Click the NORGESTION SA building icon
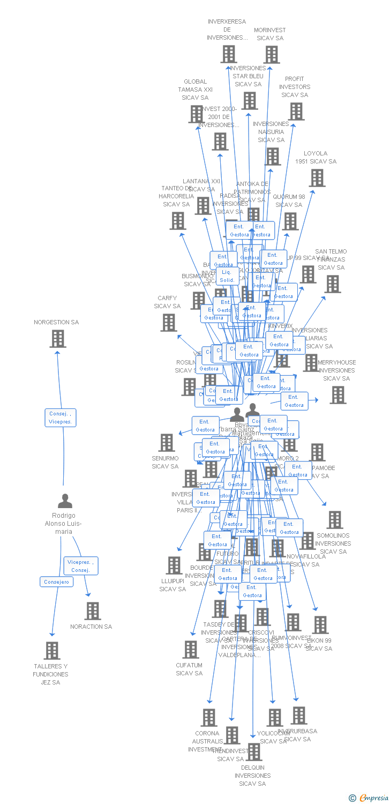tap(58, 339)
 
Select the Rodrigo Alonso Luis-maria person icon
tap(65, 501)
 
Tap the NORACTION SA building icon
tap(93, 611)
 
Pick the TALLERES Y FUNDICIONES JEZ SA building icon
tap(52, 651)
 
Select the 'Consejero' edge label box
tap(56, 582)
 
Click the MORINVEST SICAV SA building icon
tap(272, 55)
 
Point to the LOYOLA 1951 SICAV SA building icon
tap(317, 178)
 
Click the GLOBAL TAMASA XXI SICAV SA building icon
tap(196, 114)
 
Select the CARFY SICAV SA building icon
tap(169, 323)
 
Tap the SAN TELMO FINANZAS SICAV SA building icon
tap(333, 284)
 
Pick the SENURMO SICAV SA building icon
tap(167, 443)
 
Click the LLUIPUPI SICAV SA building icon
tap(174, 565)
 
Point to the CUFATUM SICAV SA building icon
tap(191, 650)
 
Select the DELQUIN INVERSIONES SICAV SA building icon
tap(254, 752)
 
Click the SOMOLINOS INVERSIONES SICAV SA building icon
tap(335, 520)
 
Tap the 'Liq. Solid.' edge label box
tap(227, 276)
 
